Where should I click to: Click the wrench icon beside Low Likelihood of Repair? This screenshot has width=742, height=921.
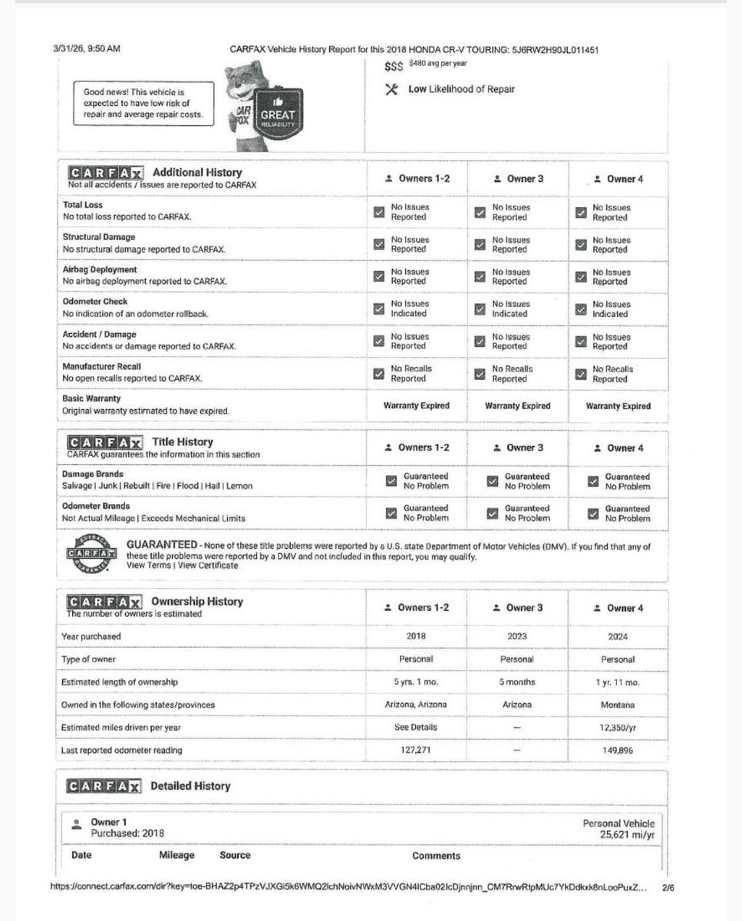click(391, 90)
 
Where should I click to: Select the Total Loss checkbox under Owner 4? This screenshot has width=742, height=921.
click(582, 213)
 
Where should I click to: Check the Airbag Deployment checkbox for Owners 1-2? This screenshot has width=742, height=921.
click(378, 276)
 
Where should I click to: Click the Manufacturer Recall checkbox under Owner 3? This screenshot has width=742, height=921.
click(480, 374)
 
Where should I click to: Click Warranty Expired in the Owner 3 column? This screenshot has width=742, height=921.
click(517, 406)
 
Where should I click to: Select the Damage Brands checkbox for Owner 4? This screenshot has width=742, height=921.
click(592, 481)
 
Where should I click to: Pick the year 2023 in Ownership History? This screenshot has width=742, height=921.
click(517, 636)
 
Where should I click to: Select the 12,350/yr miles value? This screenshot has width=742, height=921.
click(618, 728)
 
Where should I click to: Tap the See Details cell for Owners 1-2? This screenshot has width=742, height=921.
click(416, 727)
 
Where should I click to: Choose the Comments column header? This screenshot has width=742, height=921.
click(436, 855)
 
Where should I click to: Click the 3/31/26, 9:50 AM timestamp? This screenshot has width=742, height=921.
click(87, 48)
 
